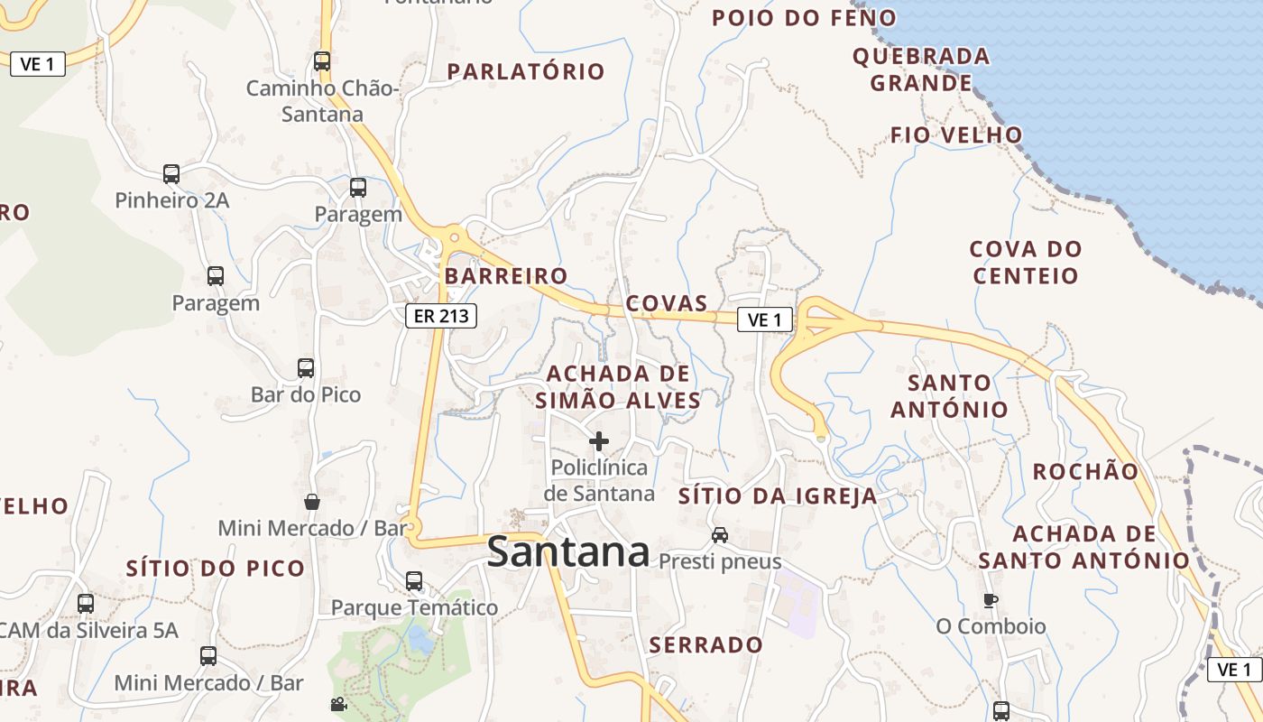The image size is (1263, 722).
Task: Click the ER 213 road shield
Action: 440,316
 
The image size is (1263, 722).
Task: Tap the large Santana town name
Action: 567,552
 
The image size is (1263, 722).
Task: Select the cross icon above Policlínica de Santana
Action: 598,441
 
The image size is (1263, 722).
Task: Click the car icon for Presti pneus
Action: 719,535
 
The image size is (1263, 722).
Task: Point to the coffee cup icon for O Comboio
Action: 991,600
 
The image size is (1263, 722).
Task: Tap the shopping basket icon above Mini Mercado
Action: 311,502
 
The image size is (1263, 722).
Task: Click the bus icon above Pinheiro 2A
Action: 171,173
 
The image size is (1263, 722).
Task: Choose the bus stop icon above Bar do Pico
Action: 306,368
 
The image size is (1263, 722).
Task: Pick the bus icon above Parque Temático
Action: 414,581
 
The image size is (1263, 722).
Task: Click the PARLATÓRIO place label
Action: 526,71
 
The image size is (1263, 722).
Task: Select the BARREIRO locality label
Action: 506,276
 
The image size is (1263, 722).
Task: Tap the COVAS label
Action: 667,302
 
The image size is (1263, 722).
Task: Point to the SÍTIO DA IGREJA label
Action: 778,495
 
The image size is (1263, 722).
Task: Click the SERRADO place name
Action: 706,645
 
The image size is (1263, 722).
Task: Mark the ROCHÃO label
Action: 1085,471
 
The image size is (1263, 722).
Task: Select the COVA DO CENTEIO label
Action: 1026,262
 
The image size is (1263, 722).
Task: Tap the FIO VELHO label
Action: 956,135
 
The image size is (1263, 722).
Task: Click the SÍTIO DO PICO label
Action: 216,569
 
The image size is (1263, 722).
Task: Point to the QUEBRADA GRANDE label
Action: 920,69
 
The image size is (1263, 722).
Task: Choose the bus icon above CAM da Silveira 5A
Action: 86,603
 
